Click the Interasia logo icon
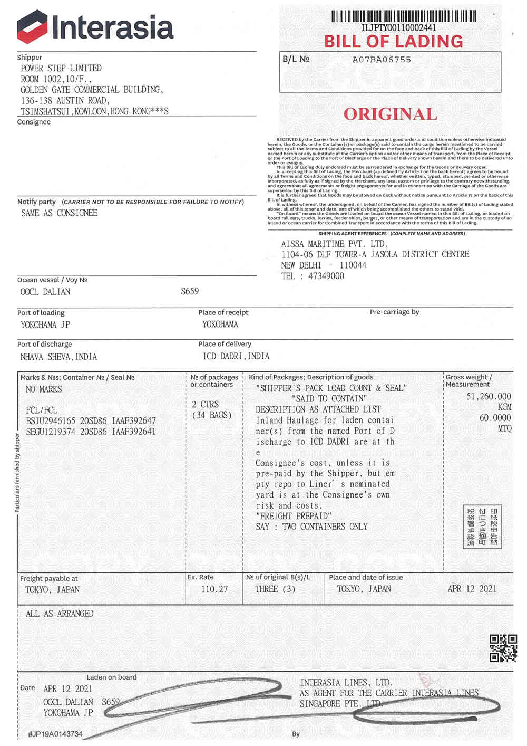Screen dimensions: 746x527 pos(33,26)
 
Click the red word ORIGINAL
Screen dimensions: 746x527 pos(391,114)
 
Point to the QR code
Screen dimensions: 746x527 pos(503,648)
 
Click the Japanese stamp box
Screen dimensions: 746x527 pos(482,527)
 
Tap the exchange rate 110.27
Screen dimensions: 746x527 pos(214,589)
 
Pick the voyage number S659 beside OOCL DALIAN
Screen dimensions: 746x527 pos(190,291)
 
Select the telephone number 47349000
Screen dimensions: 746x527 pos(326,276)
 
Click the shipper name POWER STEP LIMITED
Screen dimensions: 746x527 pos(61,68)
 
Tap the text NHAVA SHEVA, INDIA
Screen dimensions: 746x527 pos(58,357)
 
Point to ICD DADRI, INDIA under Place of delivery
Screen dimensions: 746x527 pos(236,356)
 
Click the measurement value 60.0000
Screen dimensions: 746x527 pos(495,417)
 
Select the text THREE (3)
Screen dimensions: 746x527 pos(275,589)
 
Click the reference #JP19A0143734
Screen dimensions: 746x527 pos(55,734)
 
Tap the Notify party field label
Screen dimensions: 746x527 pos(36,202)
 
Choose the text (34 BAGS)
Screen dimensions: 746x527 pos(212,415)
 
